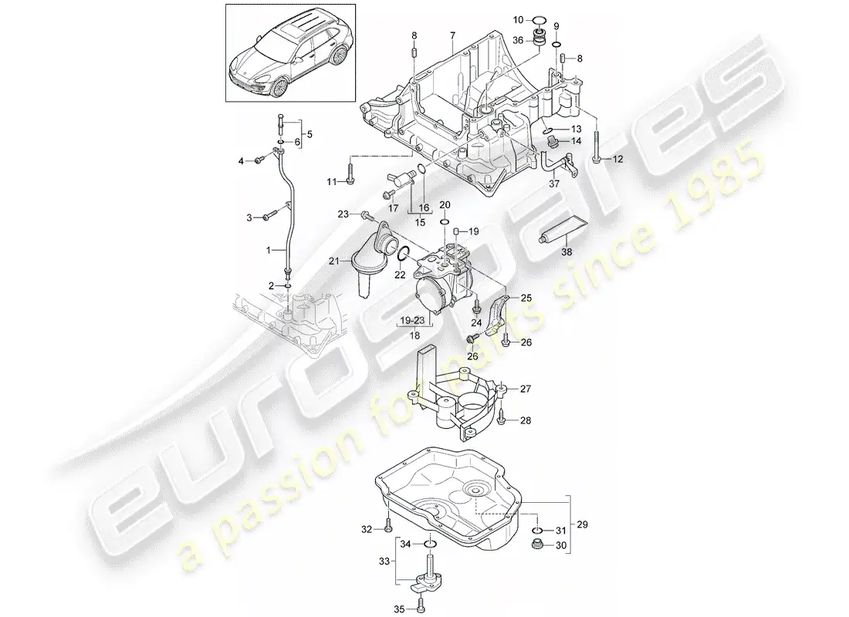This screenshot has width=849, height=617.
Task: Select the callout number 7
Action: [453, 36]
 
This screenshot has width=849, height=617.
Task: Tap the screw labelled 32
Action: [387, 528]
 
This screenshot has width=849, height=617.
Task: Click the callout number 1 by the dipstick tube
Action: [270, 251]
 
